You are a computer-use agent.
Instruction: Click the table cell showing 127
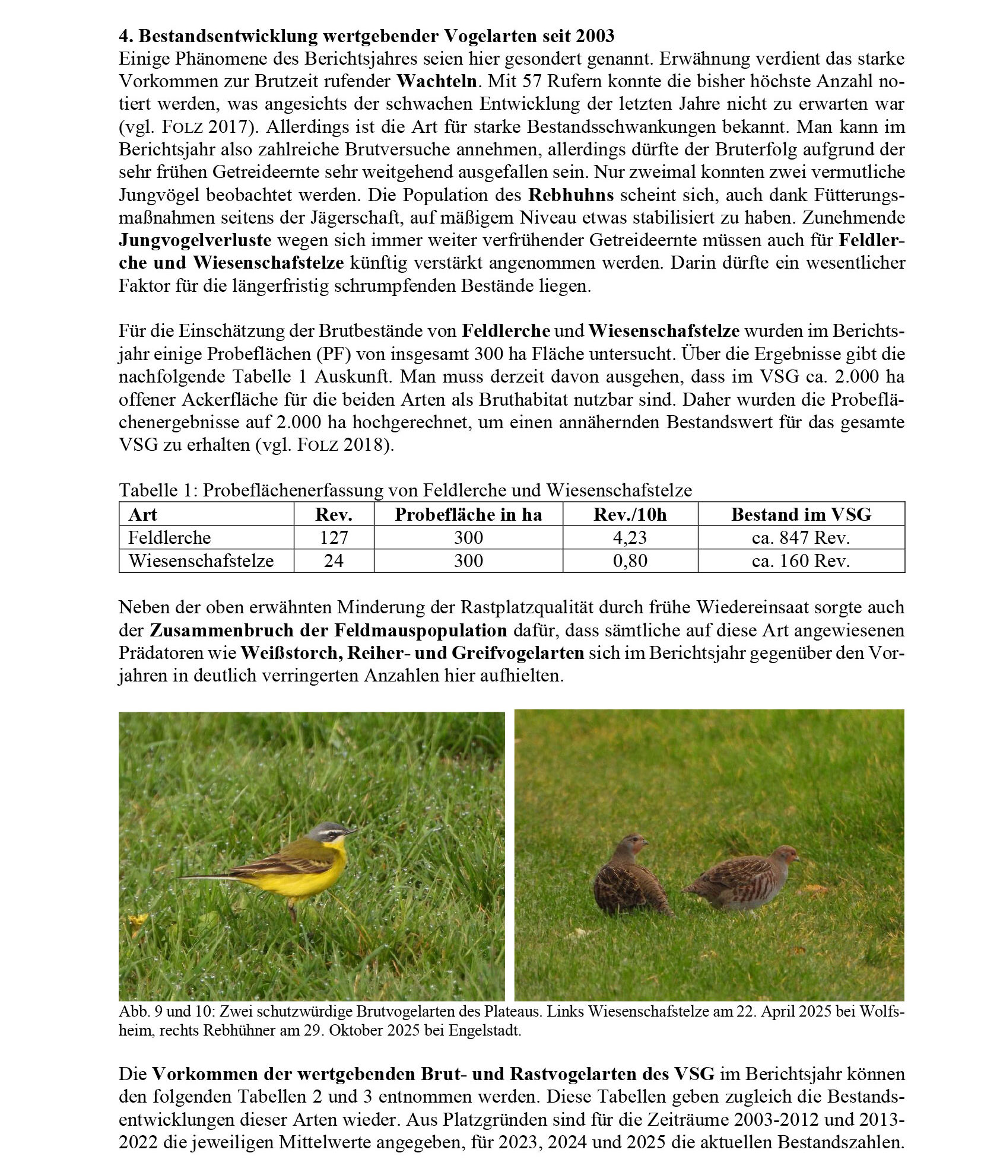(x=334, y=537)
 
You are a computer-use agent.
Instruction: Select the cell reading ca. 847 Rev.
(x=801, y=537)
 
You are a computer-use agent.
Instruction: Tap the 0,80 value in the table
(x=630, y=560)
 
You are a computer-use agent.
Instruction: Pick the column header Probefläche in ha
(x=468, y=514)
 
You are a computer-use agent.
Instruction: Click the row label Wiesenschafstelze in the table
(x=201, y=560)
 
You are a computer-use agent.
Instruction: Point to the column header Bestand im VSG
(x=801, y=514)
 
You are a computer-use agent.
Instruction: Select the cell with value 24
(x=334, y=560)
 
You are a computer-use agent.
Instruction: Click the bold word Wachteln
(x=436, y=81)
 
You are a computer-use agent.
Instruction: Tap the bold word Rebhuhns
(x=571, y=195)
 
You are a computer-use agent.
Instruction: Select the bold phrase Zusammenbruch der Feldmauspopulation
(x=328, y=630)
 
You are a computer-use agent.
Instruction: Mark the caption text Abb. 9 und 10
(x=158, y=1011)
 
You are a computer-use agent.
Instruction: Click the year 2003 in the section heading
(x=595, y=36)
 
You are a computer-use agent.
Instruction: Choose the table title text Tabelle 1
(x=157, y=491)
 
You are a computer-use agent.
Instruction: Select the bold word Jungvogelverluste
(x=195, y=240)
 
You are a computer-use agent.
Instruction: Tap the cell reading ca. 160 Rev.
(x=801, y=560)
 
